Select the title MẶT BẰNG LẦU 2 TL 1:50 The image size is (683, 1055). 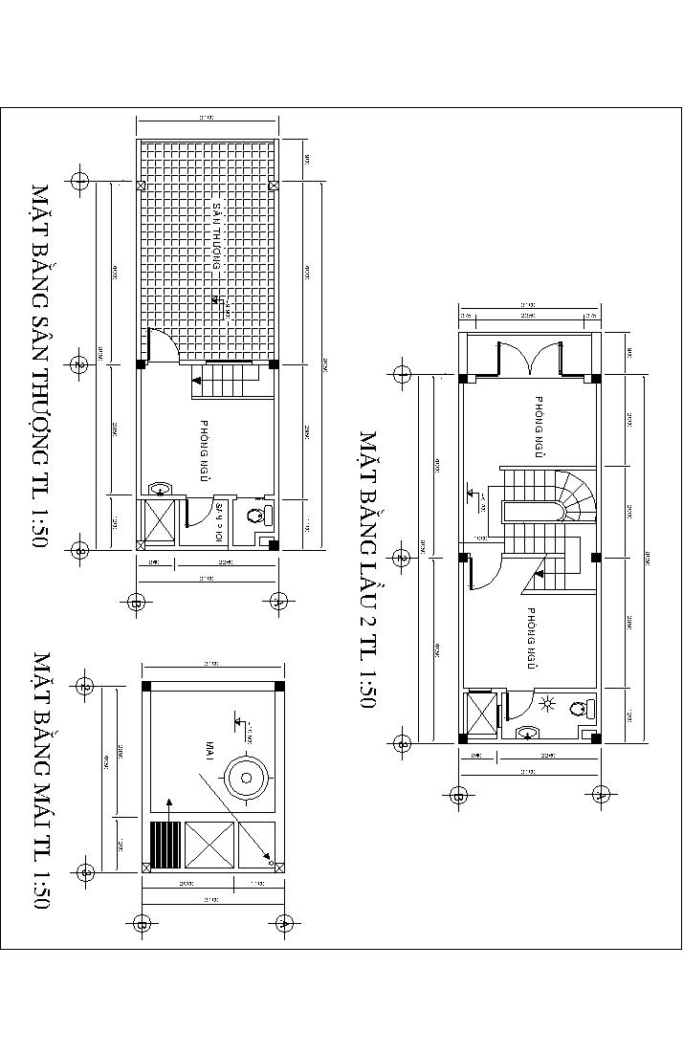click(368, 570)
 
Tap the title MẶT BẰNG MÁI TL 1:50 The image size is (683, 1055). click(41, 780)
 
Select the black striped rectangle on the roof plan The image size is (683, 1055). click(163, 844)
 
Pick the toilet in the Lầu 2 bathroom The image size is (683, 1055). click(578, 709)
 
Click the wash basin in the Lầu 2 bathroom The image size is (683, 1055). click(527, 733)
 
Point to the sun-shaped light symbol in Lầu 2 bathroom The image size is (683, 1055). click(548, 706)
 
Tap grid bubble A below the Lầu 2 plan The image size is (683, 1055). click(602, 793)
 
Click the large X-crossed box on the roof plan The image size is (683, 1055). click(209, 844)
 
